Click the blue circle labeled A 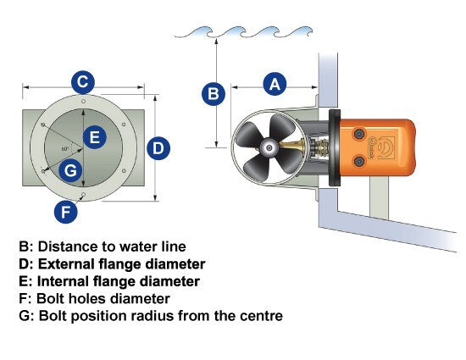click(275, 84)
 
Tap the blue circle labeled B click(214, 93)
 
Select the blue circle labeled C click(83, 82)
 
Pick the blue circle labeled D click(158, 148)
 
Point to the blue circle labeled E click(95, 137)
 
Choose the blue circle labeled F click(66, 212)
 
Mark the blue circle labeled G click(70, 170)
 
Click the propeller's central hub click(269, 147)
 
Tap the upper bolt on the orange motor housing click(359, 134)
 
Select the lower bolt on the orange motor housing click(359, 161)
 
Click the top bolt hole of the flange click(84, 102)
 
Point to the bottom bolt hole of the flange click(84, 195)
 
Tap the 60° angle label click(65, 149)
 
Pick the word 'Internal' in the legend click(63, 281)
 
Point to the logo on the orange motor click(385, 147)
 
